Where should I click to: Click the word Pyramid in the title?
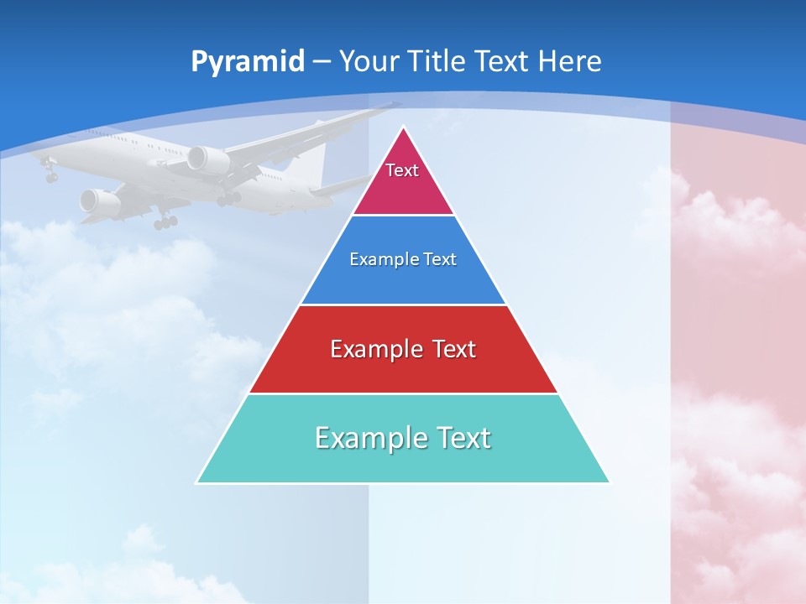pyautogui.click(x=248, y=62)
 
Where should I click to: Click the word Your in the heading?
pyautogui.click(x=369, y=61)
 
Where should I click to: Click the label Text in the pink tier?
pyautogui.click(x=402, y=170)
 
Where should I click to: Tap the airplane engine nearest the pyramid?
pyautogui.click(x=207, y=160)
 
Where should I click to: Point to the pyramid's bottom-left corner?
pyautogui.click(x=196, y=482)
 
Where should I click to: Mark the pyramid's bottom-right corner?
pyautogui.click(x=610, y=482)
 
